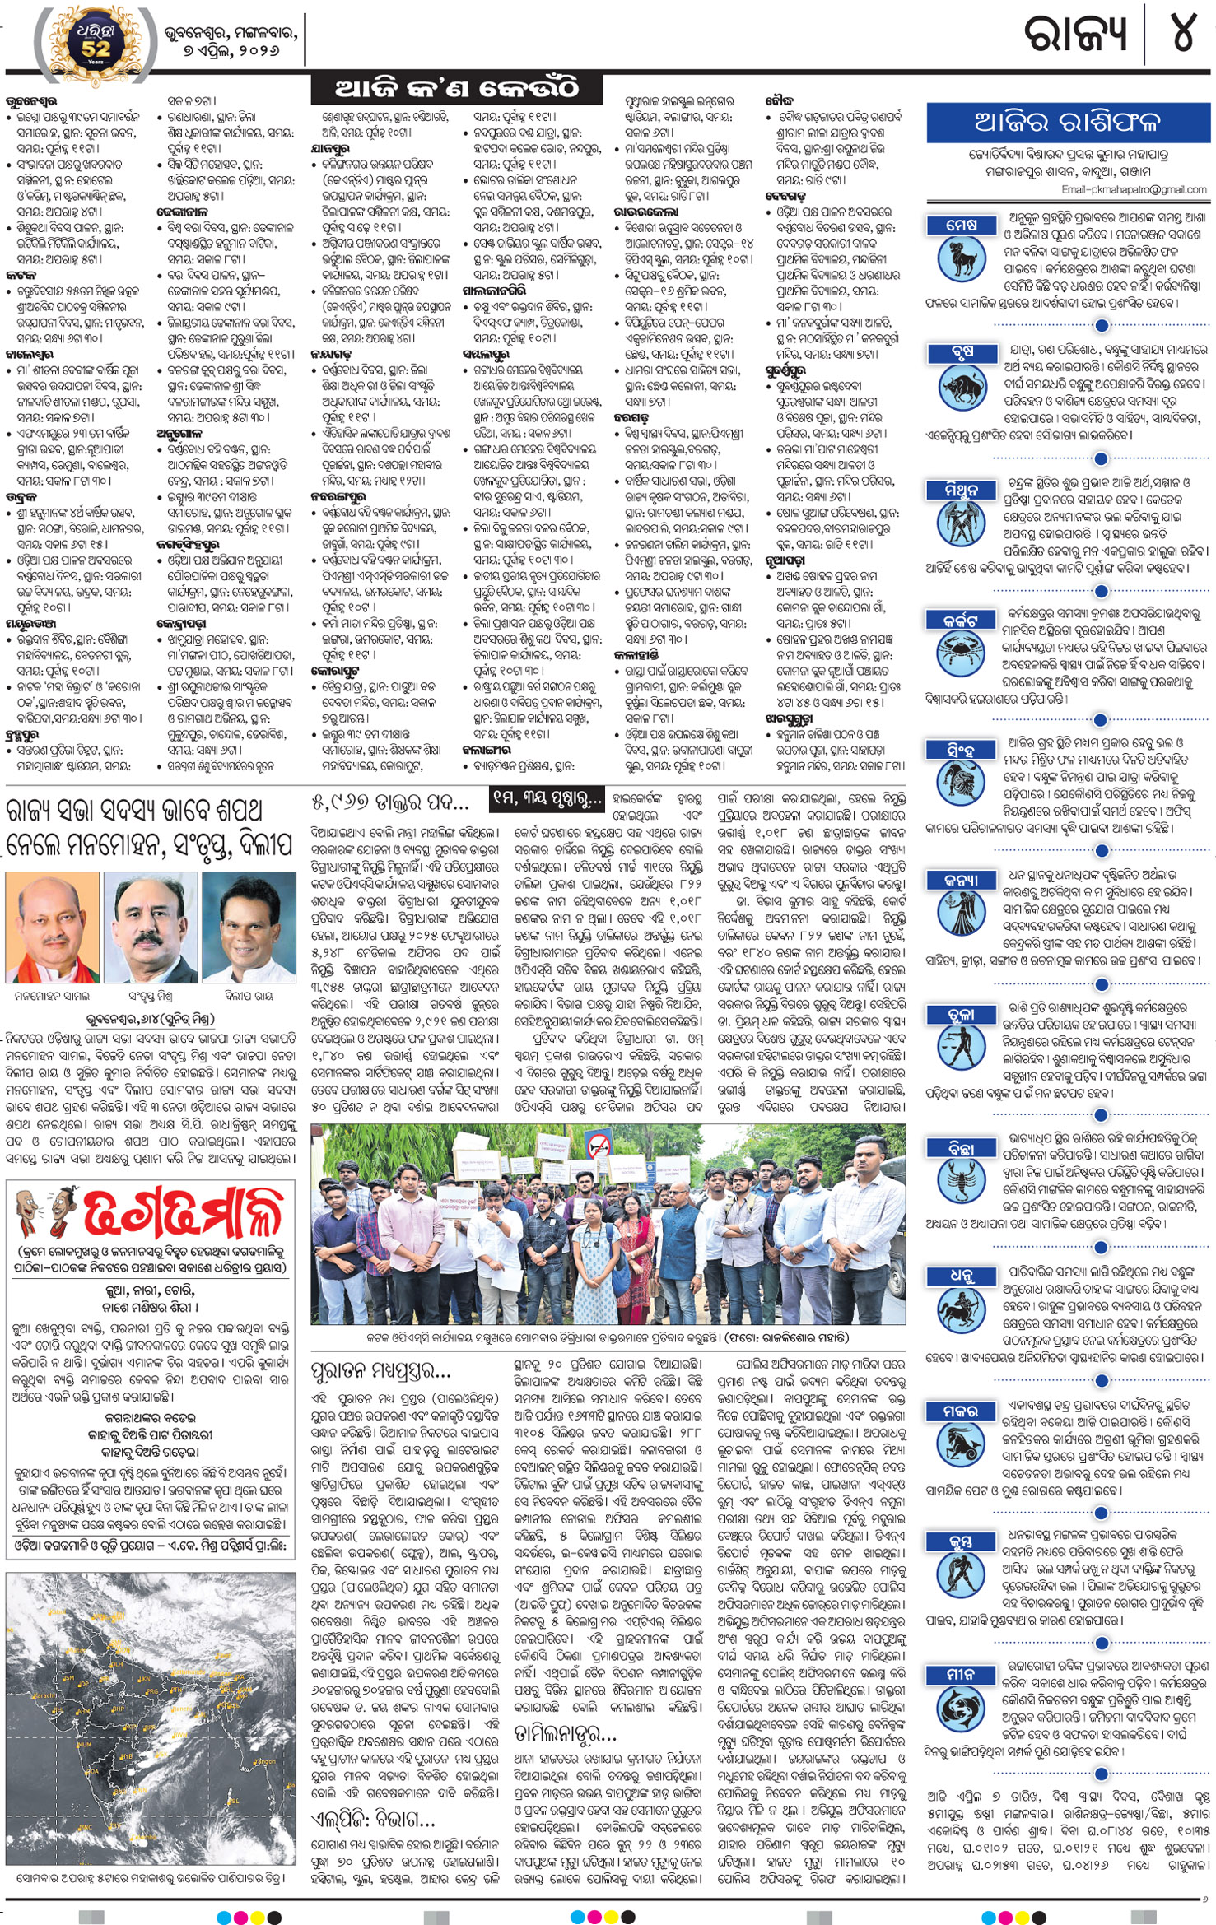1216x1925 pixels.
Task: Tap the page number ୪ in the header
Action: (x=1183, y=35)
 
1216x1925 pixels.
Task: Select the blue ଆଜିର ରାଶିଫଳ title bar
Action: (x=1067, y=123)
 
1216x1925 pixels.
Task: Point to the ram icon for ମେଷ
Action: (x=961, y=258)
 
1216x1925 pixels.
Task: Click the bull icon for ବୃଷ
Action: (x=961, y=388)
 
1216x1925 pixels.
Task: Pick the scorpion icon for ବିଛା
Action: (x=961, y=1181)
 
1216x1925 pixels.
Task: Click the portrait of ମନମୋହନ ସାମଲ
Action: (x=52, y=928)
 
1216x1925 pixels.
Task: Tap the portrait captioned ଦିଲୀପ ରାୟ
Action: (x=249, y=928)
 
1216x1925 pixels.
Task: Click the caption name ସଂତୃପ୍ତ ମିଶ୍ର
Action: (x=150, y=996)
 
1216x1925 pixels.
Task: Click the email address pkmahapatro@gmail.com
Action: (x=1134, y=189)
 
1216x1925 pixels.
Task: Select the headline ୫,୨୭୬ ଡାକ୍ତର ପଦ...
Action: (x=390, y=801)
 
